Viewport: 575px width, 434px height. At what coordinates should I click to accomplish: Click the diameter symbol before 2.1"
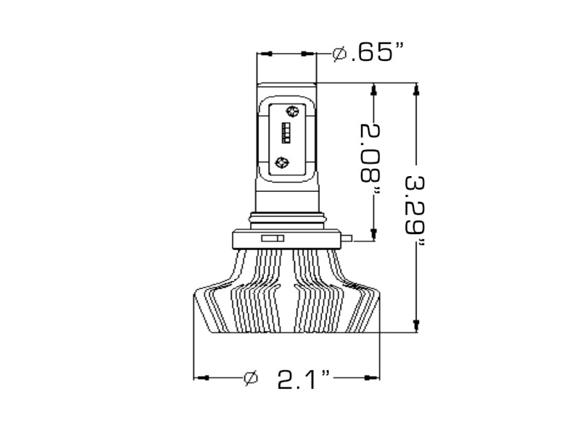click(251, 378)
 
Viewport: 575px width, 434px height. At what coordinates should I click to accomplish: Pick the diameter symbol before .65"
click(340, 54)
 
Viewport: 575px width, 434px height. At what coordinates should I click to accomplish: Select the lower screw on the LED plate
click(283, 162)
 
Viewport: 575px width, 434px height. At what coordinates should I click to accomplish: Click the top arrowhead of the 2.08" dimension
click(374, 91)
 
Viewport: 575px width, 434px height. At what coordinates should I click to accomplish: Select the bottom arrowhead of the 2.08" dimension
click(374, 233)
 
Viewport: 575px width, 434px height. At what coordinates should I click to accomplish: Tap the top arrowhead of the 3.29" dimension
click(415, 91)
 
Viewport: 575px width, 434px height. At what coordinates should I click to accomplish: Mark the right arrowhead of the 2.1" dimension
click(372, 378)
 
